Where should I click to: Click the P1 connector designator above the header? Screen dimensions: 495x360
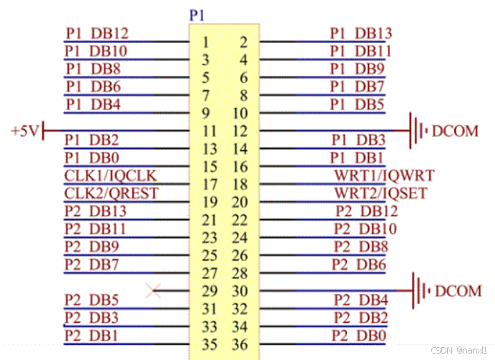pyautogui.click(x=197, y=14)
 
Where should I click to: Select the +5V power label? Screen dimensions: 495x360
pyautogui.click(x=26, y=132)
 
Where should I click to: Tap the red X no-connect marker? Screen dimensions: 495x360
pyautogui.click(x=152, y=290)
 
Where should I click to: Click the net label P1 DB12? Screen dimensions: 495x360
pyautogui.click(x=97, y=33)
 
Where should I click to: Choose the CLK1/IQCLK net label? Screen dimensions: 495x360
pyautogui.click(x=110, y=175)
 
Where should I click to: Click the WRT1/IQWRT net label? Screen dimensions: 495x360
pyautogui.click(x=384, y=175)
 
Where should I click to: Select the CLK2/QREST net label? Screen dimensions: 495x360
pyautogui.click(x=111, y=193)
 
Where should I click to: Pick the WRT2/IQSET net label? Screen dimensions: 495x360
pyautogui.click(x=384, y=193)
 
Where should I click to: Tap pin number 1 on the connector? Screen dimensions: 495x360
pyautogui.click(x=205, y=42)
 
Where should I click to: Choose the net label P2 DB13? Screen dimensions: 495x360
pyautogui.click(x=97, y=210)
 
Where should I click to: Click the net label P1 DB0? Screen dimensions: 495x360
pyautogui.click(x=92, y=157)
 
